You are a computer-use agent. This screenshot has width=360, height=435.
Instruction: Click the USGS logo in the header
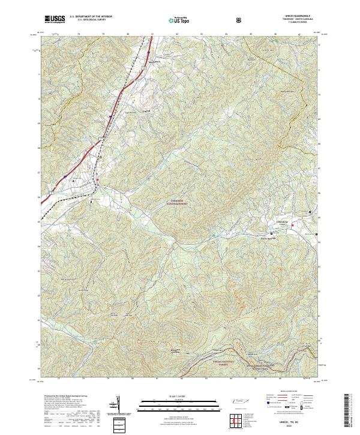[55, 19]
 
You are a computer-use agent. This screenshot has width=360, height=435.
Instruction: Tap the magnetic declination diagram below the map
[116, 403]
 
